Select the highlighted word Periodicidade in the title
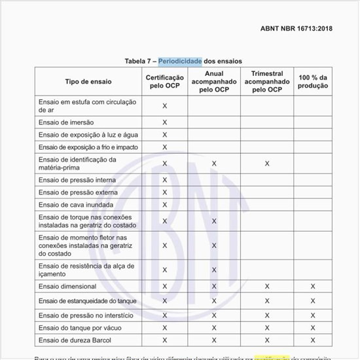coord(180,61)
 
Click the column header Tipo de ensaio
coord(88,82)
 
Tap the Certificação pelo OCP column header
coord(164,82)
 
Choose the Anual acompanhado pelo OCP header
coord(214,81)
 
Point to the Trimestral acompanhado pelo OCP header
coord(267,81)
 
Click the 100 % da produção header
coord(313,82)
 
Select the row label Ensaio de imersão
coord(67,122)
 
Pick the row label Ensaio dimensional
coord(67,287)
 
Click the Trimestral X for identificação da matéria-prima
coord(267,164)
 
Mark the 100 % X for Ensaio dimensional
coord(313,287)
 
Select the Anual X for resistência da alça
coord(214,270)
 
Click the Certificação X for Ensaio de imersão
coord(164,122)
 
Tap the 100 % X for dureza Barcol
coord(313,340)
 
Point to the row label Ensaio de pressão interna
coord(77,180)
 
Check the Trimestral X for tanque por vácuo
coord(267,327)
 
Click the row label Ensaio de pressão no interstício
coord(86,315)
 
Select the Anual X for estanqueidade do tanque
coord(214,301)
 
